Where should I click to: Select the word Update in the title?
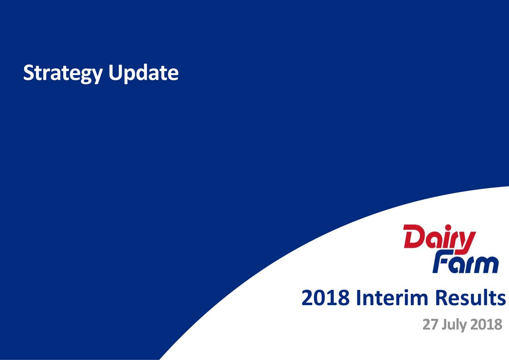[143, 74]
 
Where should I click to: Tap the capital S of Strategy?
[28, 73]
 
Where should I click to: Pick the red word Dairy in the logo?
[439, 238]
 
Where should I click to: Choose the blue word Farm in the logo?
[465, 264]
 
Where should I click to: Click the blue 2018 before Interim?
[326, 298]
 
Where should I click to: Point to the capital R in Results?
[442, 298]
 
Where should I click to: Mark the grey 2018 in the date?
[486, 325]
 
